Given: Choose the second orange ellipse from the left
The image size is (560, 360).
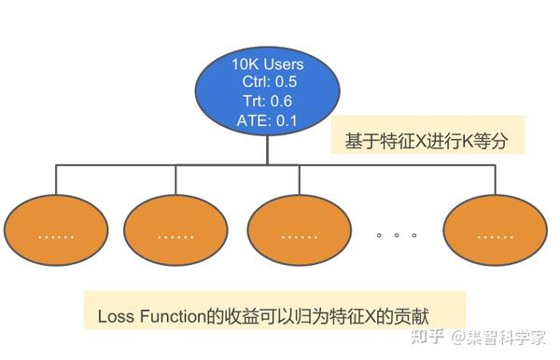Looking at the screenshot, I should [x=175, y=234].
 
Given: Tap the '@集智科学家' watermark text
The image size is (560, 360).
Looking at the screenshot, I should [x=499, y=337].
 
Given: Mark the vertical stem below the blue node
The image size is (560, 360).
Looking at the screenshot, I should [x=268, y=149].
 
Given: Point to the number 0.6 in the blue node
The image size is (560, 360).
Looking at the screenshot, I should [x=283, y=100].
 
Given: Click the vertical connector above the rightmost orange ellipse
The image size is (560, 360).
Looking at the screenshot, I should [x=493, y=182].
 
